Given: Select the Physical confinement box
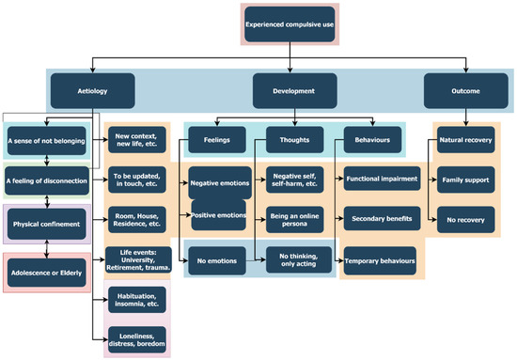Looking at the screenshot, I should click(x=47, y=225).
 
